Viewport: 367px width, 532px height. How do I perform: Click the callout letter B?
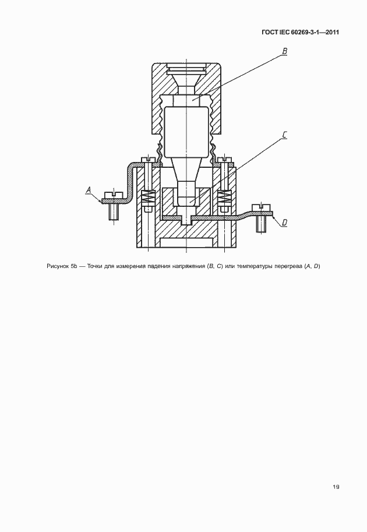[285, 51]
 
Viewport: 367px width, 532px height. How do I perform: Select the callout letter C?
[285, 135]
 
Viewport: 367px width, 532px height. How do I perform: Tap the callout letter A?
[88, 191]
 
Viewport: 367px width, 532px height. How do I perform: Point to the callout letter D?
[284, 223]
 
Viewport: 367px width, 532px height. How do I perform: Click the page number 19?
[336, 487]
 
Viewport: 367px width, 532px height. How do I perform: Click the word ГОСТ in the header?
[270, 33]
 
